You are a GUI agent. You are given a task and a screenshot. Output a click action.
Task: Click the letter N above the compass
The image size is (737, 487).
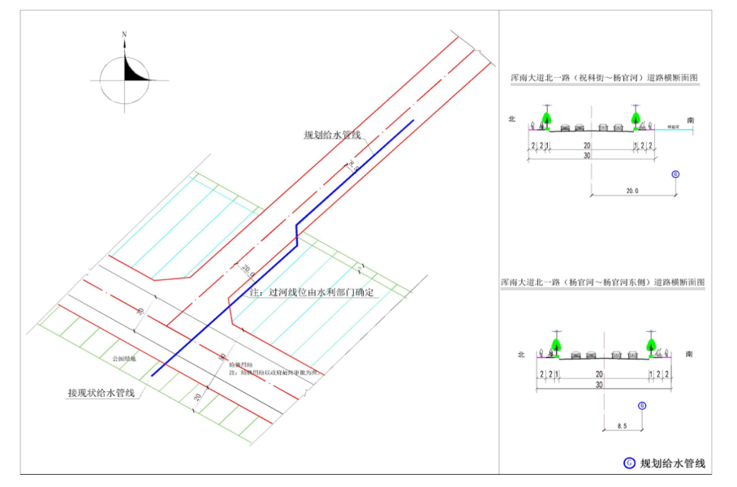[124, 35]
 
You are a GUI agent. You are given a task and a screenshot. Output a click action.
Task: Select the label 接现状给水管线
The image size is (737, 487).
[101, 394]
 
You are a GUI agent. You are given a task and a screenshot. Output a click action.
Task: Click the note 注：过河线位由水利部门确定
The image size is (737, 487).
[312, 292]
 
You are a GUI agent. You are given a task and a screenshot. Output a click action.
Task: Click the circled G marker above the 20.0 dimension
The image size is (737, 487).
[676, 175]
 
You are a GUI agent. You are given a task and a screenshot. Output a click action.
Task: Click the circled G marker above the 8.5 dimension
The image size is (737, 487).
[641, 405]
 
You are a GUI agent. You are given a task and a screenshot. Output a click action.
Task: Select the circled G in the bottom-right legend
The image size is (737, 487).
[628, 463]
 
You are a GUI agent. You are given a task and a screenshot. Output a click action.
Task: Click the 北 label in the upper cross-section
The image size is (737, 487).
[512, 119]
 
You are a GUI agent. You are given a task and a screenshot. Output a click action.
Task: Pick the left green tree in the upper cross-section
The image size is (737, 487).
[547, 119]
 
